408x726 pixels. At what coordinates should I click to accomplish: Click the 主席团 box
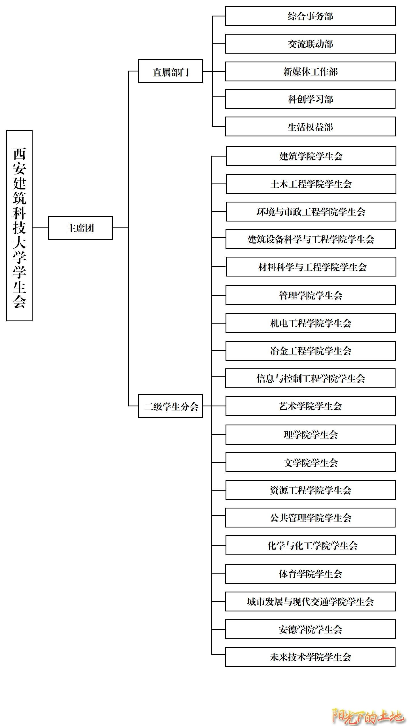pos(80,228)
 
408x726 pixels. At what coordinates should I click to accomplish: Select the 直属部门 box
pos(171,71)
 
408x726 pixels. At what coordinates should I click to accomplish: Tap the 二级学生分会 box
pos(171,406)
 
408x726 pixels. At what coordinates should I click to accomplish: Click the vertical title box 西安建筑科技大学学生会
pos(19,226)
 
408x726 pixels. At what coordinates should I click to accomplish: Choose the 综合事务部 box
pos(311,16)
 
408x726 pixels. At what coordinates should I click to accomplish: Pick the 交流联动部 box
pos(311,44)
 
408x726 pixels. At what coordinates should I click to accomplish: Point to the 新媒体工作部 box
pos(311,71)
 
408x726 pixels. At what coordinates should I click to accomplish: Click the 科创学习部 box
pos(310,99)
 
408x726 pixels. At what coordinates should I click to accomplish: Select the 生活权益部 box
pos(311,126)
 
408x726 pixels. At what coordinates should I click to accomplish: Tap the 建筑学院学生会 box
pos(311,156)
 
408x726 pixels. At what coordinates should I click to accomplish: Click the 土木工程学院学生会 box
pos(311,184)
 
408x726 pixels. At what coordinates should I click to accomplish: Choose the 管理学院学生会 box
pos(311,295)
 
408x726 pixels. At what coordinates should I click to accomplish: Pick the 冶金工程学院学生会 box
pos(311,351)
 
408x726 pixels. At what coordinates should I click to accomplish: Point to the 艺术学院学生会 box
pos(311,406)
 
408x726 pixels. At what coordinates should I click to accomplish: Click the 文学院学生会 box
pos(311,462)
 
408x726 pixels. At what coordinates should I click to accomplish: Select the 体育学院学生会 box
pos(310,574)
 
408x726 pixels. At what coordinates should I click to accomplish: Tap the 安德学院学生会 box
pos(310,629)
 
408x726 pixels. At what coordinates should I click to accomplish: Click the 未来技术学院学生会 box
pos(310,657)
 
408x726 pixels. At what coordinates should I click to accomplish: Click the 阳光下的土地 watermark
pos(368,715)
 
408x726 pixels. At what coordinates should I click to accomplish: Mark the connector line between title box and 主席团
pos(41,228)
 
